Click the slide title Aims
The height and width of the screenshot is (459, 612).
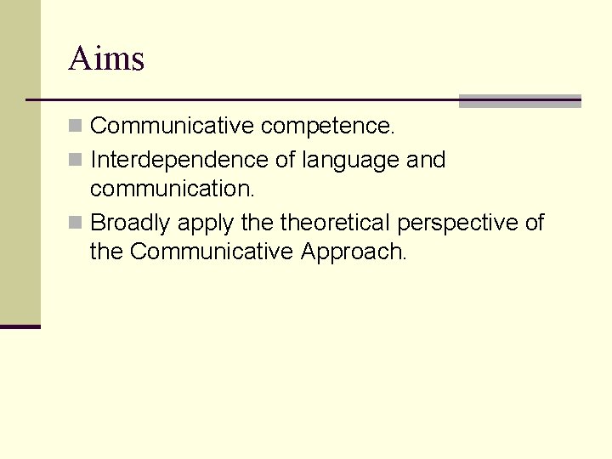pyautogui.click(x=106, y=59)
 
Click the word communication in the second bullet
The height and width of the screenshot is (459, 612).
pyautogui.click(x=172, y=188)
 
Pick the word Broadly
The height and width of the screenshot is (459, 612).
pyautogui.click(x=129, y=224)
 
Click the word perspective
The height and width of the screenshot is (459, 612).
pyautogui.click(x=457, y=224)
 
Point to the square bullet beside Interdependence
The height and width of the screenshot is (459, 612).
pyautogui.click(x=76, y=160)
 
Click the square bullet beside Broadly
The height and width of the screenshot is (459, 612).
pyautogui.click(x=76, y=223)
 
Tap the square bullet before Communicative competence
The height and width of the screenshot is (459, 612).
pyautogui.click(x=76, y=127)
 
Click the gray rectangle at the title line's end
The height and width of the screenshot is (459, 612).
pyautogui.click(x=519, y=101)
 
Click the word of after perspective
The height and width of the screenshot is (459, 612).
pyautogui.click(x=535, y=223)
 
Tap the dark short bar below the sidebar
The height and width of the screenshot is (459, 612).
pyautogui.click(x=20, y=326)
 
